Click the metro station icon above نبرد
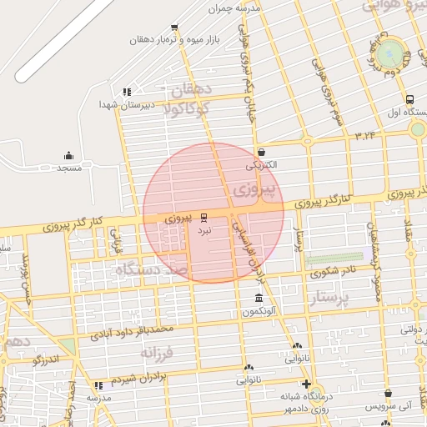(x=205, y=217)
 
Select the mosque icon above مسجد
(x=68, y=156)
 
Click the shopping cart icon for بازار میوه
(x=174, y=28)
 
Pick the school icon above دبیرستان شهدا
(x=127, y=92)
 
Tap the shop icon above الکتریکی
(x=262, y=153)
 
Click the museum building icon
(x=259, y=299)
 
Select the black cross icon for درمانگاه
(x=307, y=384)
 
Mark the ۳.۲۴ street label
(x=366, y=134)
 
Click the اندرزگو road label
(x=44, y=359)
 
